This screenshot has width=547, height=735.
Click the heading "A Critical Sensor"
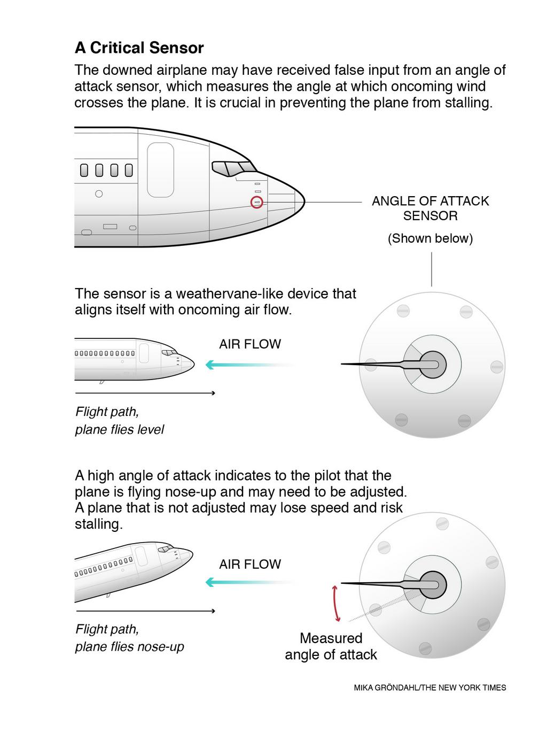tap(139, 48)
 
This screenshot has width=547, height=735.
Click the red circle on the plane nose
tap(257, 203)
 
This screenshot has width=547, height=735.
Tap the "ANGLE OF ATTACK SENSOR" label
tap(430, 208)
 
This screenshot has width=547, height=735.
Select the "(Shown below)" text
tap(430, 238)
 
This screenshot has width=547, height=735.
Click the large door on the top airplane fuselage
tap(160, 170)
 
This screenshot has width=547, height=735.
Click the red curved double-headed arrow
tap(337, 604)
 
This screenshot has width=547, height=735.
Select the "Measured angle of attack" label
tap(331, 646)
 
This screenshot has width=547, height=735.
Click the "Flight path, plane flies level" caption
tap(119, 421)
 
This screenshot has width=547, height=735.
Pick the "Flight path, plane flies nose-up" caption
tap(129, 638)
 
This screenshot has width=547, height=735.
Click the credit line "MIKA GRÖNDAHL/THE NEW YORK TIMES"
tap(429, 688)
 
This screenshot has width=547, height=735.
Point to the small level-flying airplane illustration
tap(134, 359)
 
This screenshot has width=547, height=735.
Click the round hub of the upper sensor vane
tap(433, 365)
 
